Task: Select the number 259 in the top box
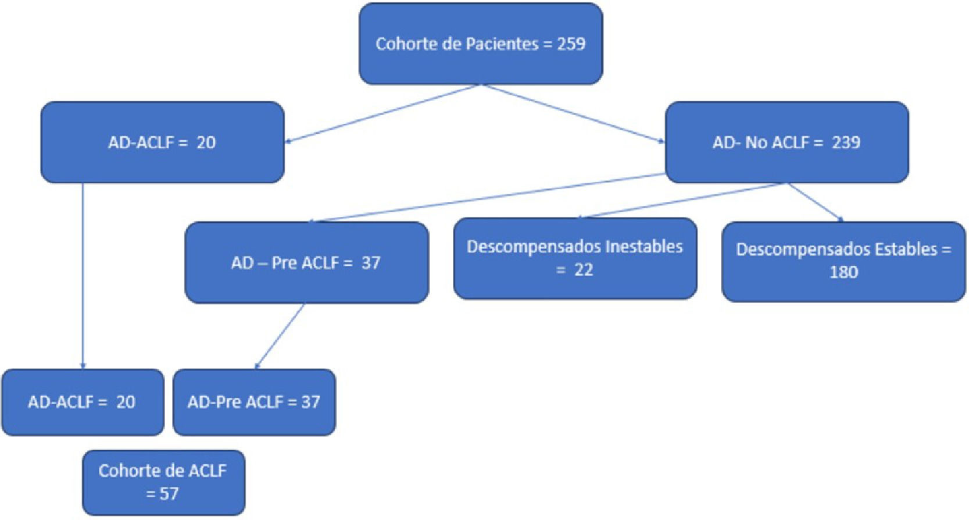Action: click(571, 44)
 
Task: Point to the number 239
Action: click(846, 143)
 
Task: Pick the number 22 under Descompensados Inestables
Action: click(584, 270)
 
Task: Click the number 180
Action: click(843, 272)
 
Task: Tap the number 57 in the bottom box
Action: click(169, 494)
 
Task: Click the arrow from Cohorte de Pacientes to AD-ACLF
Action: click(384, 113)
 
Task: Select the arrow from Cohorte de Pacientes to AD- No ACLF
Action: click(573, 113)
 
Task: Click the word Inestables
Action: click(643, 247)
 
